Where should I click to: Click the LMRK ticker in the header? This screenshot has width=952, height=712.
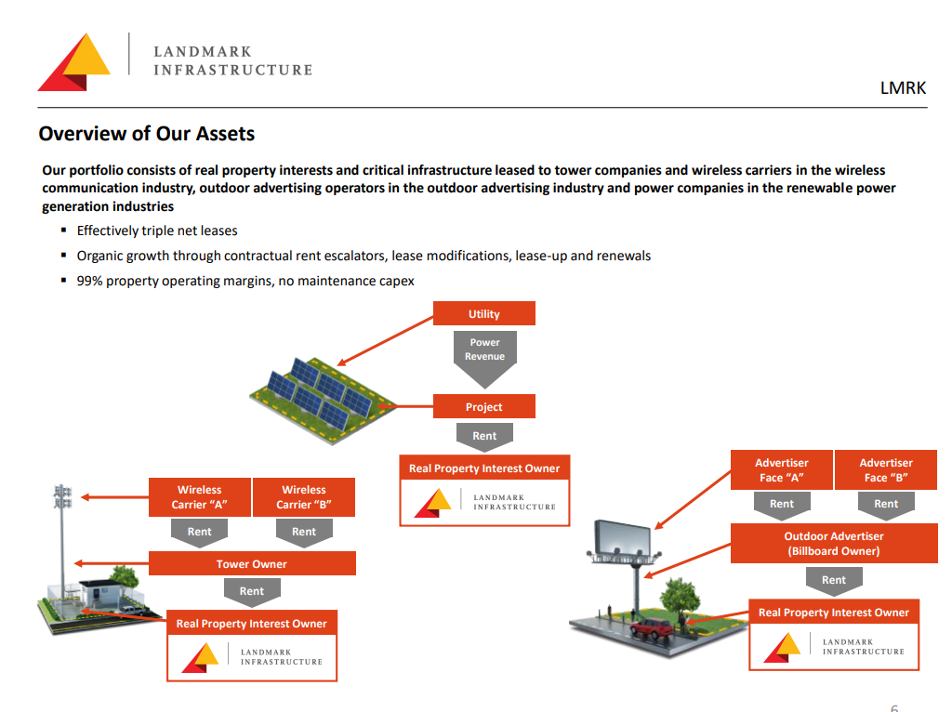pos(903,88)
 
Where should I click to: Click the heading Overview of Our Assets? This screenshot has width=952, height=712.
pos(146,134)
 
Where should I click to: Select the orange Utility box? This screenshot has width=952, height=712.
pos(483,313)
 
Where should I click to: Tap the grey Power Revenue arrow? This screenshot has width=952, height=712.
pos(484,358)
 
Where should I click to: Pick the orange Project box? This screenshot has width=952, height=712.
pos(483,406)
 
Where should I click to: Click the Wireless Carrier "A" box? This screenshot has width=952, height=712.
pos(200,497)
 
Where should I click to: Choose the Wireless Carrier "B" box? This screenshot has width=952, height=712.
pos(304,497)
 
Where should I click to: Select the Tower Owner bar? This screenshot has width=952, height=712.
pos(252,563)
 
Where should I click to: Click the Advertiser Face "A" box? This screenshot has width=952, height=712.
pos(781,469)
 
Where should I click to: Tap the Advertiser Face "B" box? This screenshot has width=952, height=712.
pos(886,469)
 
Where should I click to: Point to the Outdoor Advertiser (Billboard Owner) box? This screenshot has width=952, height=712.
pos(834,543)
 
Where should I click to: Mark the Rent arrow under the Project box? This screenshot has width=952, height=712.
pos(484,437)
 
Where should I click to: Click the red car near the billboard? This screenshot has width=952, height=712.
pos(652,627)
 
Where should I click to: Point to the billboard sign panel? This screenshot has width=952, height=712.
pos(622,536)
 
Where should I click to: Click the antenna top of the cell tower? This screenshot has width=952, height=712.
pos(62,496)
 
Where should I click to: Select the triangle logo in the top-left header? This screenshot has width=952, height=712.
pos(74,62)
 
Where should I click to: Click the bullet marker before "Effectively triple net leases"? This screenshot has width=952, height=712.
pos(64,230)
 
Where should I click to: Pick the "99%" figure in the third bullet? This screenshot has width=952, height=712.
pos(89,281)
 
